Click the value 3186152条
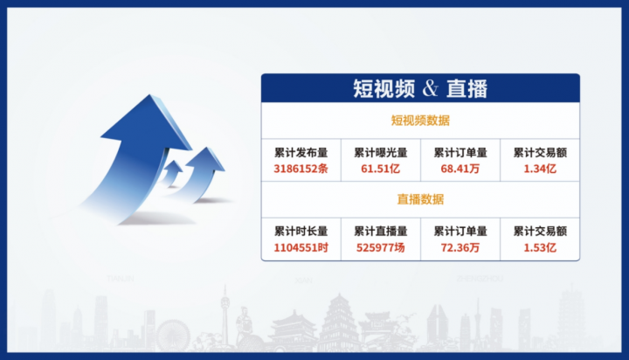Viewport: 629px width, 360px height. [x=301, y=169]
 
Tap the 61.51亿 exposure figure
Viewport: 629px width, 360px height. [x=380, y=169]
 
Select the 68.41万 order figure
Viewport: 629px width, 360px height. [x=460, y=169]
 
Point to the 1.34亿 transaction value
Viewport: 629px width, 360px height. [x=540, y=169]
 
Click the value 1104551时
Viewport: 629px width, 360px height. [x=301, y=247]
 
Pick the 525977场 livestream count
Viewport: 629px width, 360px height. [x=380, y=247]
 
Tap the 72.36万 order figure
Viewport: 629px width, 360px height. [x=460, y=247]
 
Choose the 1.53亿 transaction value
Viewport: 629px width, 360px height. [x=540, y=247]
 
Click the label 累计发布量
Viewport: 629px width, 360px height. [x=301, y=153]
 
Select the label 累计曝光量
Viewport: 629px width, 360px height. [x=380, y=153]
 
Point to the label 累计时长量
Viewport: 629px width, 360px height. [x=301, y=232]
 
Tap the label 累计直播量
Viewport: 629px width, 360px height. [x=380, y=232]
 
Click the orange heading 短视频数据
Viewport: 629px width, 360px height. [x=420, y=121]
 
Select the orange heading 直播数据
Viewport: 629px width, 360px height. [x=420, y=199]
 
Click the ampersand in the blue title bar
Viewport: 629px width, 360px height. [x=430, y=88]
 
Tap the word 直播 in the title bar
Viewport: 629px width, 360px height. [x=467, y=89]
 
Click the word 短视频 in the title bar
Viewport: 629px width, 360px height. [x=384, y=89]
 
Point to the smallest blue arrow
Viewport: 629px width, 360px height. [x=173, y=172]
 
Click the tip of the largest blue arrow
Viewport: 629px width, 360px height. [x=150, y=94]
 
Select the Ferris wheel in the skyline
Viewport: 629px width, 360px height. [x=173, y=336]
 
